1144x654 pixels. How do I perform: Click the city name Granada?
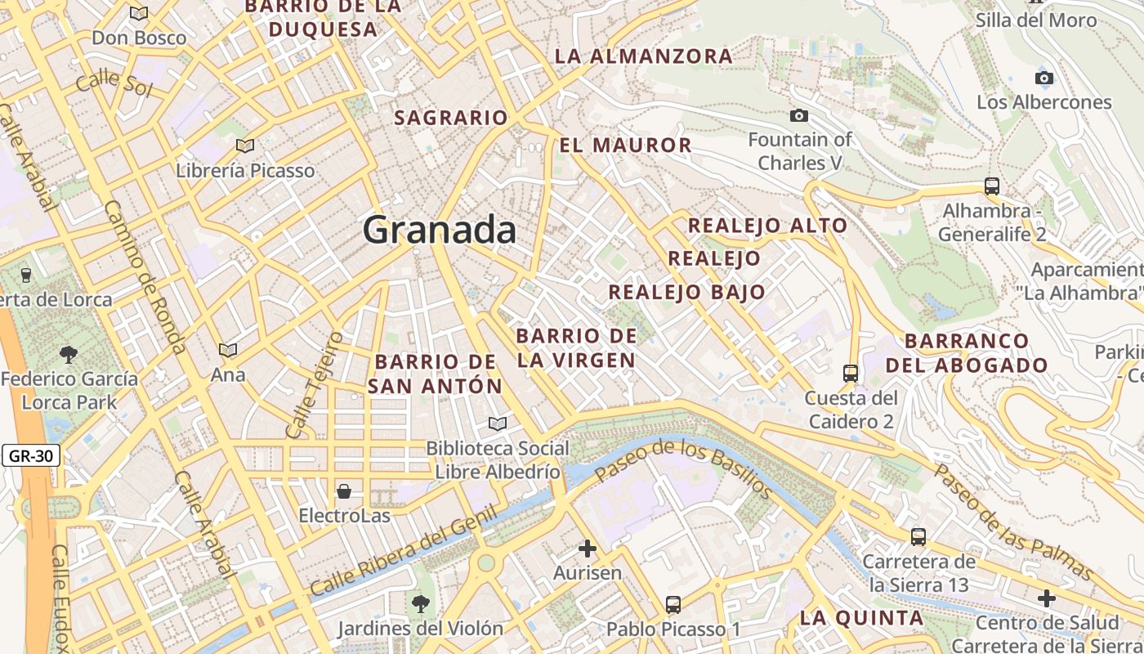tap(440, 230)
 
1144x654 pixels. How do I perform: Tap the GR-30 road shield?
tap(31, 455)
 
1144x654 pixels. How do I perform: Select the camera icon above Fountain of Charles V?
tap(799, 115)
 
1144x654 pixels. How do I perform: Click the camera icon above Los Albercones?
tap(1043, 78)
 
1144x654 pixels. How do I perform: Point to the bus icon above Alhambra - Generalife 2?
tap(992, 186)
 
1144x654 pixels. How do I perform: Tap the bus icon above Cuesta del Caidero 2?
tap(851, 374)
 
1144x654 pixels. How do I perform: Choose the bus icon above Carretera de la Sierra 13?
tap(918, 537)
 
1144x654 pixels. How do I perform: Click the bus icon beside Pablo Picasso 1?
tap(673, 605)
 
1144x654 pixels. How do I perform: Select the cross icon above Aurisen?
tap(588, 549)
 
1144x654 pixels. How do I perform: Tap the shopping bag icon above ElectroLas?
tap(344, 491)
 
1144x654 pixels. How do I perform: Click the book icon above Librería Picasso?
tap(244, 146)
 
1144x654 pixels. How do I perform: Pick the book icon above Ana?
tap(228, 350)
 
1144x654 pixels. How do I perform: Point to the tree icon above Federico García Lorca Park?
tap(69, 354)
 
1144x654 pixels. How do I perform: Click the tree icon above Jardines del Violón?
tap(421, 604)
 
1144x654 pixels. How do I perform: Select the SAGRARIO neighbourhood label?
tap(451, 118)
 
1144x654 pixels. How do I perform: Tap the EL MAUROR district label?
tap(626, 146)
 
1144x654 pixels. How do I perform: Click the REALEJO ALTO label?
tap(767, 226)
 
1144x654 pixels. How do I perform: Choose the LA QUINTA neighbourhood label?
tap(861, 617)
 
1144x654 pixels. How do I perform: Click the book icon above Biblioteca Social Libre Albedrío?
tap(497, 423)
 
